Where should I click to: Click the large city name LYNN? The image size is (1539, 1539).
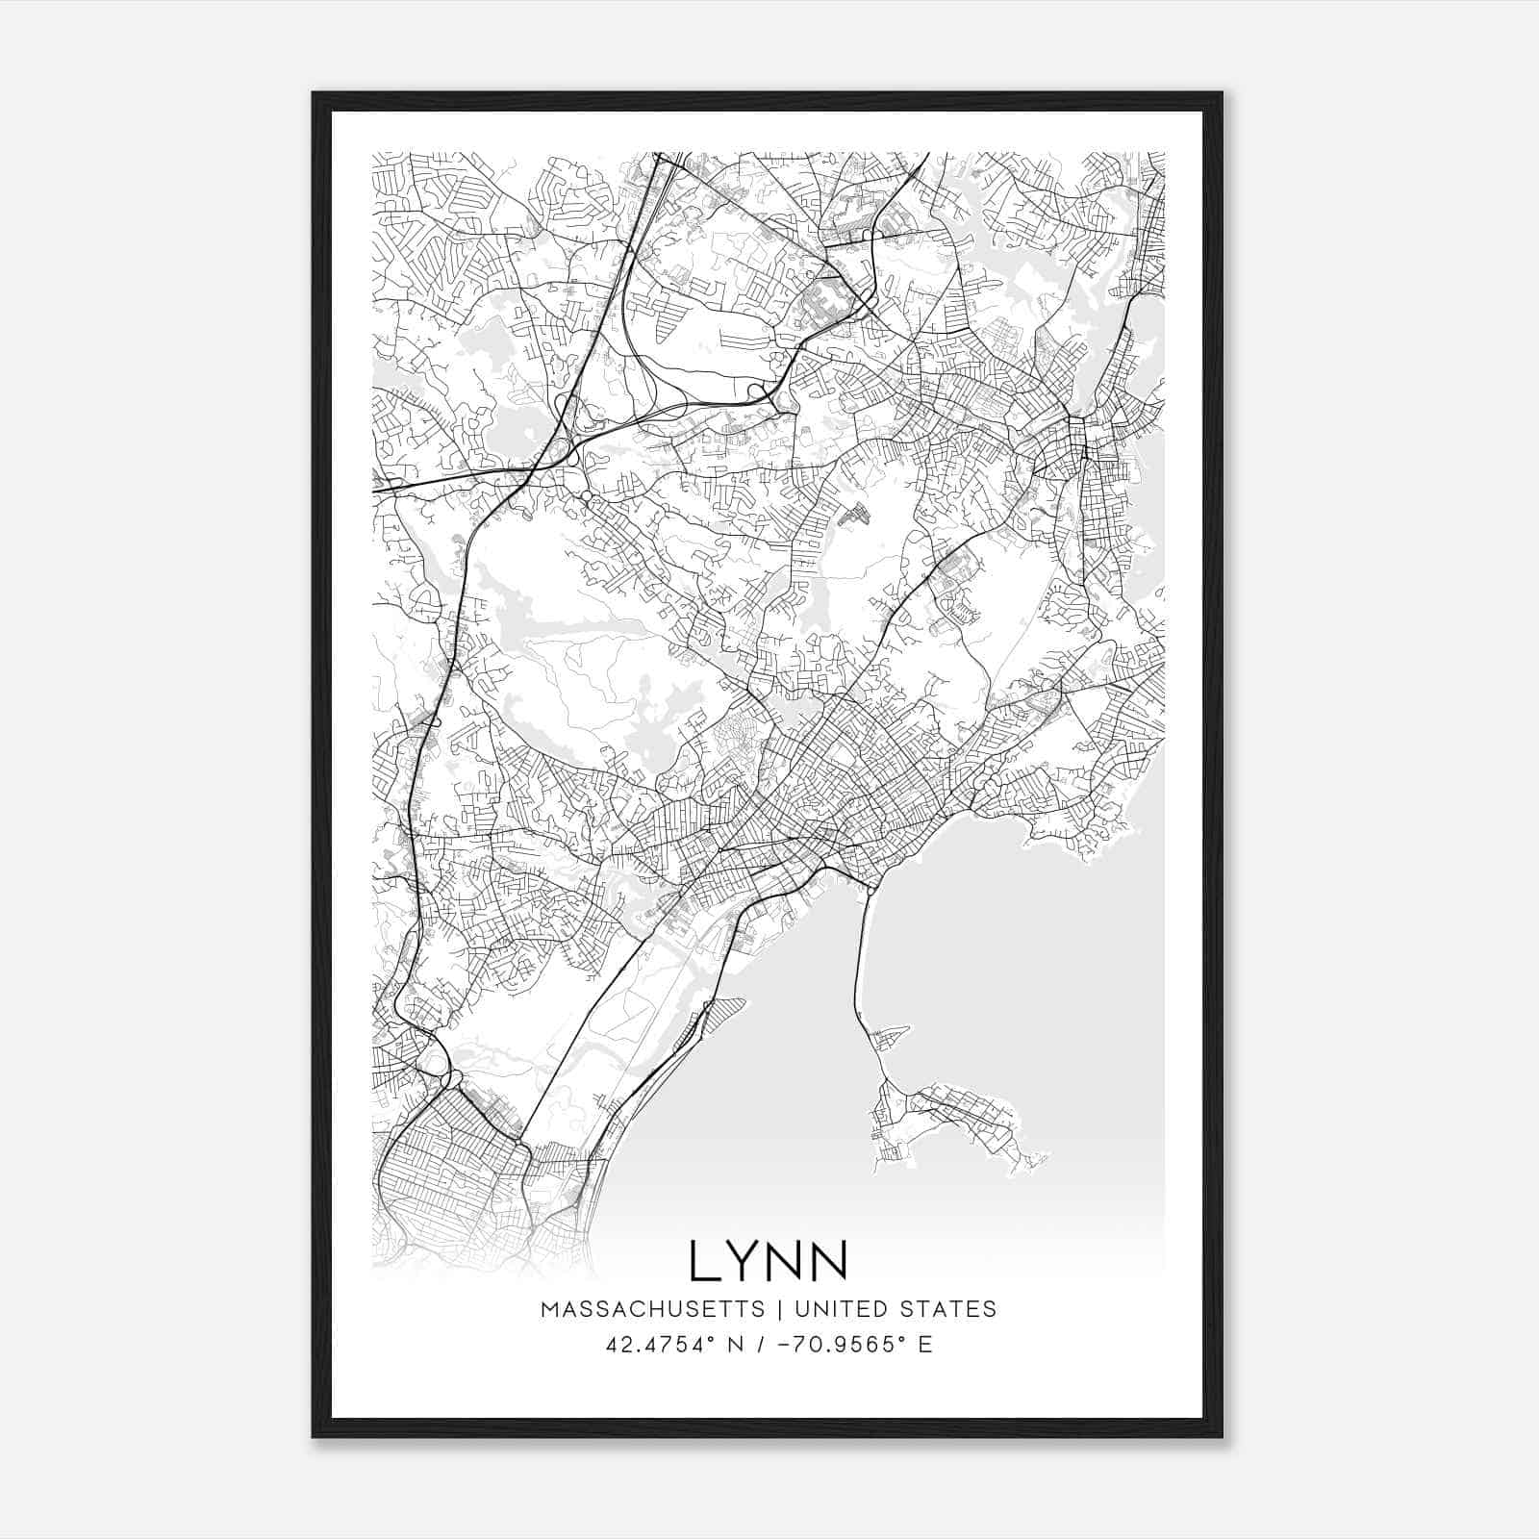tap(769, 1261)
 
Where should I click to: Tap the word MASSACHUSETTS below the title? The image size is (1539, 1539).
tap(652, 1309)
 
